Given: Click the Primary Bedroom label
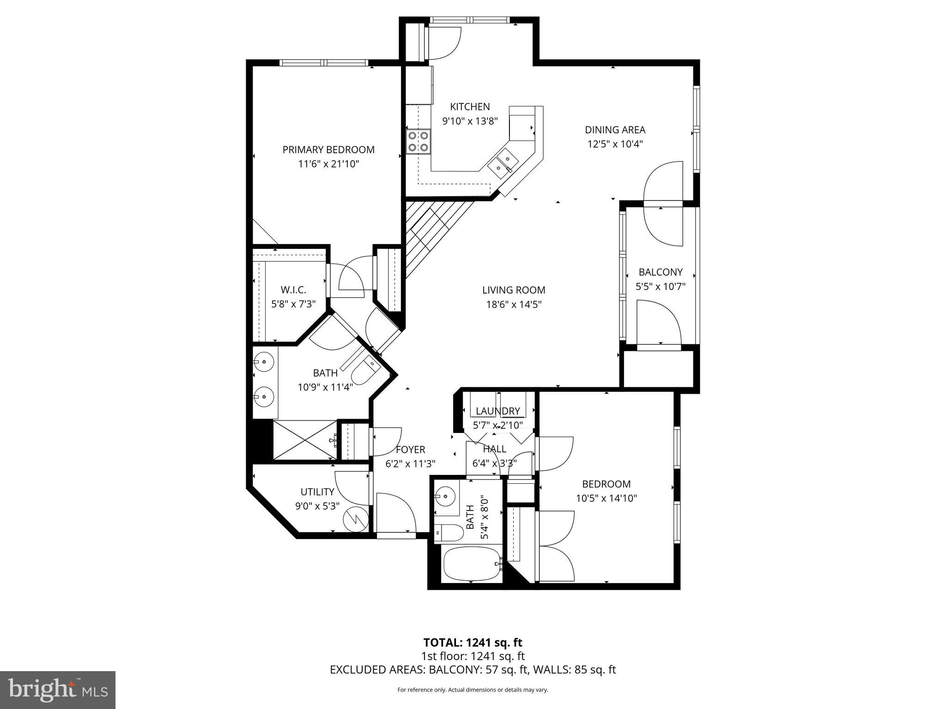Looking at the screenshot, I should point(328,150).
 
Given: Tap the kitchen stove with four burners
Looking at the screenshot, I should point(418,142).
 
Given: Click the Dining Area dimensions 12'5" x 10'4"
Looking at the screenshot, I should point(615,144).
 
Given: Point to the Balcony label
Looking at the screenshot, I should point(661,272).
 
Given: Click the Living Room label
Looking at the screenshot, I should point(514,290).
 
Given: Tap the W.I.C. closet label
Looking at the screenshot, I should point(293,290).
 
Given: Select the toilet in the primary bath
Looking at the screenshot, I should point(365,369).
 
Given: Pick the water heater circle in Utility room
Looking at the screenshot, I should point(356,519).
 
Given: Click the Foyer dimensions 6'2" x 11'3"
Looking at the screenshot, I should point(410,464).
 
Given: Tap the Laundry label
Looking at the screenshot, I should point(498,411).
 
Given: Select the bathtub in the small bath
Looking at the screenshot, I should point(472,565).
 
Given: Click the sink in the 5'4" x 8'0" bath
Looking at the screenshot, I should point(445,497).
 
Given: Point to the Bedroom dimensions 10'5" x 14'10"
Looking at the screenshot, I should point(606,499).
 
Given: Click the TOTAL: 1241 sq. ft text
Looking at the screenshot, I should point(473,643).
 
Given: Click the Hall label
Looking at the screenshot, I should point(494,449).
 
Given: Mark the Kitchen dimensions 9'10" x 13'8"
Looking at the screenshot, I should point(470,121).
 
